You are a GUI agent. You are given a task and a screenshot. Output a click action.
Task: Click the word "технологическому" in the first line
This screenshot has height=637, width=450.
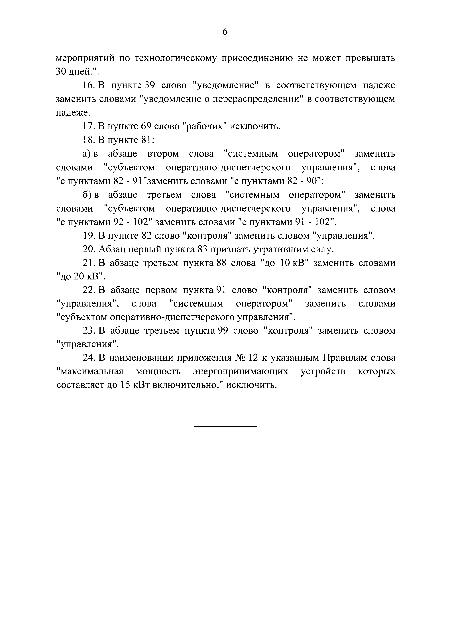[176, 58]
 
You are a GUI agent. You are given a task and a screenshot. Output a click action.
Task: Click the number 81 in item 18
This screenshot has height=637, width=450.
[146, 140]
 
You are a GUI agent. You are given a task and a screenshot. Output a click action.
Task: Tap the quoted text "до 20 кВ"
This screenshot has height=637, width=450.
[80, 277]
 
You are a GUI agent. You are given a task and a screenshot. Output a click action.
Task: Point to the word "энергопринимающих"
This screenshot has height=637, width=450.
[241, 372]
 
